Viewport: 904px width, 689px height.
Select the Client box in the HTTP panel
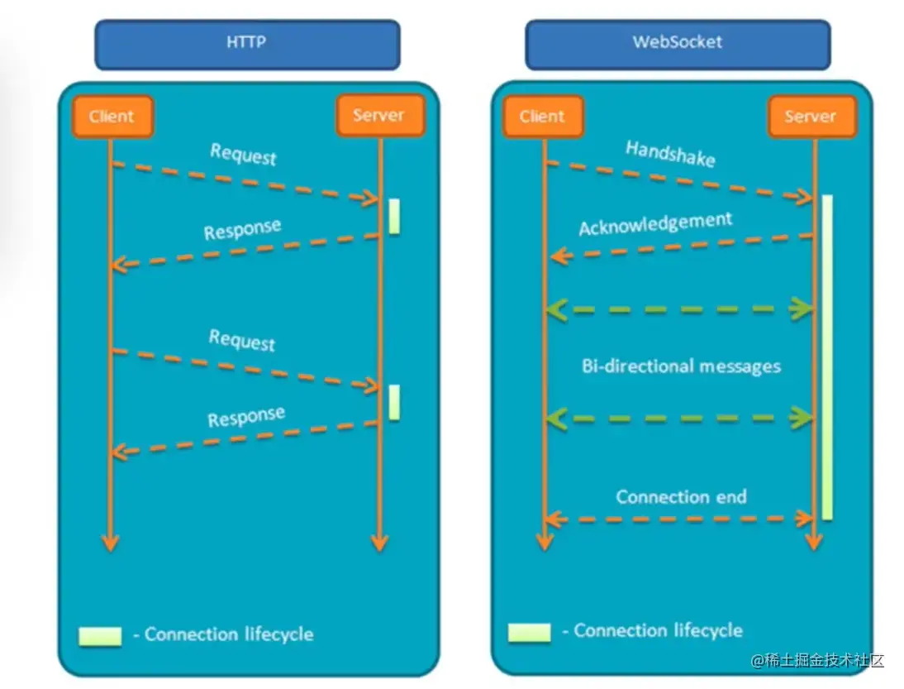[x=112, y=116]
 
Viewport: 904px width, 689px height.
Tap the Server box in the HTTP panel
[x=379, y=115]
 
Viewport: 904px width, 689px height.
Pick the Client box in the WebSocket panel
[x=542, y=116]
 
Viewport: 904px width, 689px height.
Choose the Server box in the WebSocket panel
[x=811, y=116]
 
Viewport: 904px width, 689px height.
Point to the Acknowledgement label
[x=655, y=224]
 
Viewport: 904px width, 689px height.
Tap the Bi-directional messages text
[x=681, y=366]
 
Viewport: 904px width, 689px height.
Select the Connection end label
[x=681, y=497]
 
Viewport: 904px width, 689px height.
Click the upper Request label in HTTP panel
[x=243, y=155]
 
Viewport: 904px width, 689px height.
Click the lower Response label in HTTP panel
[x=246, y=417]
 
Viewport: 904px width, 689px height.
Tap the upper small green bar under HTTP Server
[x=394, y=216]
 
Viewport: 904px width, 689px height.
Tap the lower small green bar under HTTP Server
[x=394, y=402]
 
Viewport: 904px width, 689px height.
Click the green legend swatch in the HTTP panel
[x=100, y=636]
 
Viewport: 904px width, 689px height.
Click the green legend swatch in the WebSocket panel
[x=529, y=633]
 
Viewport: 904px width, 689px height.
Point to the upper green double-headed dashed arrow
[x=680, y=309]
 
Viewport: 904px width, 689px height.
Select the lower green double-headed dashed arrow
[x=680, y=419]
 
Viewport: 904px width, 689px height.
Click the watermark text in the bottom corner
[x=818, y=661]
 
